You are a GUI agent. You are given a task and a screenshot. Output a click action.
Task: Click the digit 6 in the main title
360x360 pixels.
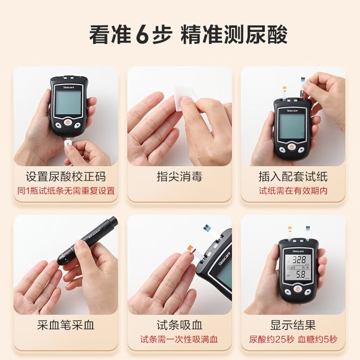142,35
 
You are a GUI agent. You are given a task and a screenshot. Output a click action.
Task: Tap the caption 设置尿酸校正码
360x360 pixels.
66,177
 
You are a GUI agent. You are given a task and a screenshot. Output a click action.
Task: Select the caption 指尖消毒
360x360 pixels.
180,177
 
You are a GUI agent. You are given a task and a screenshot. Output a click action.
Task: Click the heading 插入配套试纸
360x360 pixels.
293,177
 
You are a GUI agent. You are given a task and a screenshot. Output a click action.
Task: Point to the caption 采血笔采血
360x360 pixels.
66,325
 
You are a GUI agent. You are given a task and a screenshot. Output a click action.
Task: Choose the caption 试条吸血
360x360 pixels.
180,325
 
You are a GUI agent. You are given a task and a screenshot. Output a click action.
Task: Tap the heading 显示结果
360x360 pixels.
293,325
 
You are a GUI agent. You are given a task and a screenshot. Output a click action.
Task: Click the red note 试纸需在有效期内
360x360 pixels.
293,191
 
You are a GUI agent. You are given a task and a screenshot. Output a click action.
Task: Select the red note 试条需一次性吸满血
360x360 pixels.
179,339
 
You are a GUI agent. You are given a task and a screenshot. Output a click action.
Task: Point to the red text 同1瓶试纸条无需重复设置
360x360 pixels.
66,191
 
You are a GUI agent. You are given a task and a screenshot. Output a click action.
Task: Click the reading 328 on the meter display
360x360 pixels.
299,260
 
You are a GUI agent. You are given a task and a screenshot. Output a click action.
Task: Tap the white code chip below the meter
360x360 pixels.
69,144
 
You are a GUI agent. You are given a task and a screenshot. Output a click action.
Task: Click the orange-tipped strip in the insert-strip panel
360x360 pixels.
284,94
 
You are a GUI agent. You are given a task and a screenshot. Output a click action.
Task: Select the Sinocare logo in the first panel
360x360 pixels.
69,87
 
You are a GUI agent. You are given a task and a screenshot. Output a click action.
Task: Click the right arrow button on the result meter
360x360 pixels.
307,292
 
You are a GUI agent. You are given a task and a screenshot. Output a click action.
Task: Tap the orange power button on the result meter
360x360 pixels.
297,288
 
